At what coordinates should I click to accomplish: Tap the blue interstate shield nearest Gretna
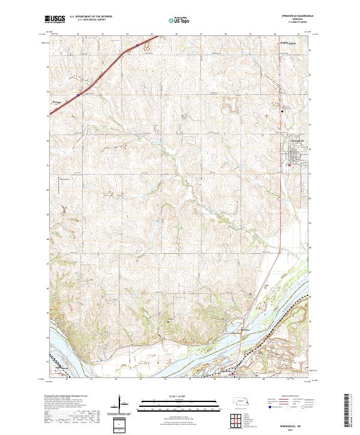pyautogui.click(x=78, y=94)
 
